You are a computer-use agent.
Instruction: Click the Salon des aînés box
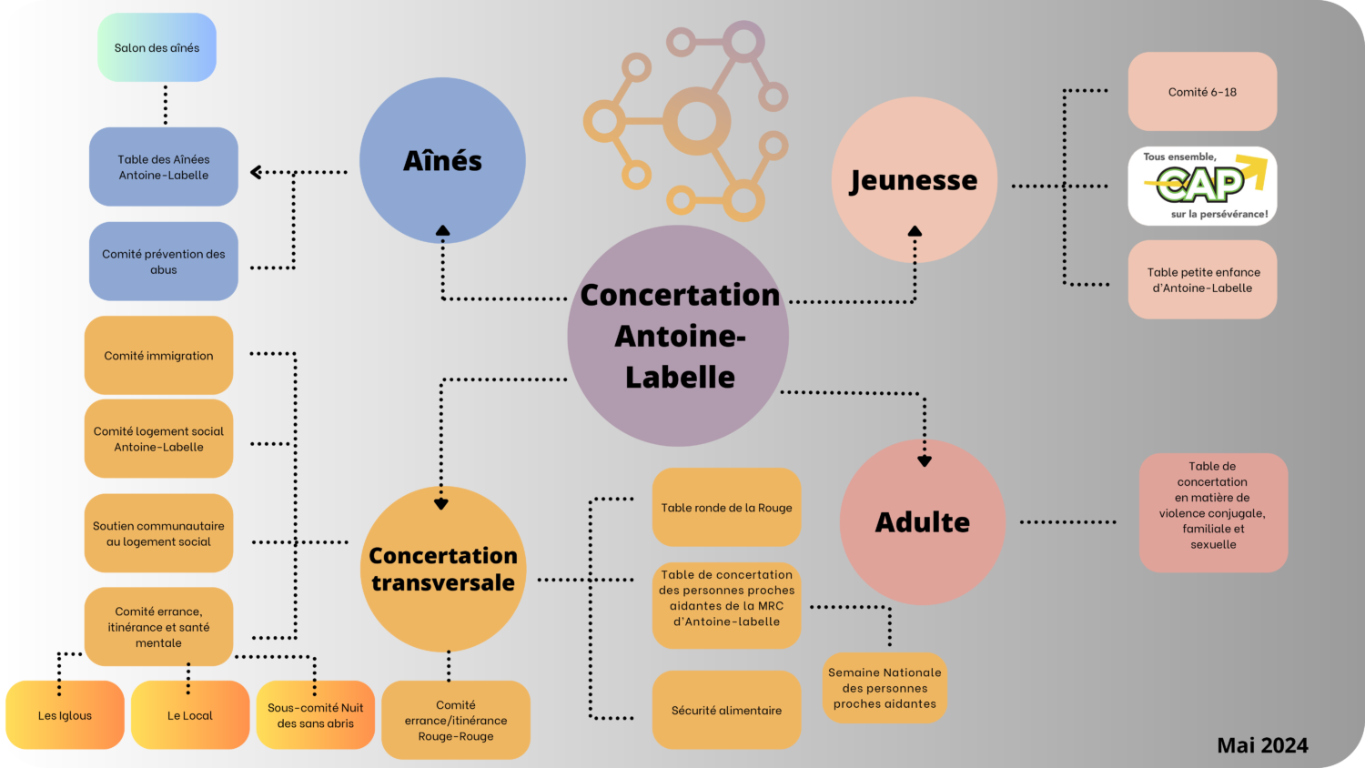tap(157, 47)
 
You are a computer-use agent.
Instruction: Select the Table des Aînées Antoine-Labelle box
tap(164, 167)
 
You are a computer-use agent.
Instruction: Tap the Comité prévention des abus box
tap(164, 261)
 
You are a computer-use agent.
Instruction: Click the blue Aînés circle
tap(442, 160)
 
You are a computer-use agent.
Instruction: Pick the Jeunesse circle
tap(914, 180)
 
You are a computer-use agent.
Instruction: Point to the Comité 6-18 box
tap(1202, 91)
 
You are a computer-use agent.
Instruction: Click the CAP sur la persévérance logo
tap(1202, 186)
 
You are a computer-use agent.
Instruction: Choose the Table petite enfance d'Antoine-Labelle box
tap(1202, 279)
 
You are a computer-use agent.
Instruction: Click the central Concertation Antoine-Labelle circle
tap(679, 336)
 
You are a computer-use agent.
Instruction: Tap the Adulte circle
tap(922, 522)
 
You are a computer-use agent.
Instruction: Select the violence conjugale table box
tap(1213, 512)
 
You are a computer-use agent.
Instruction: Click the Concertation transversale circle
tap(443, 569)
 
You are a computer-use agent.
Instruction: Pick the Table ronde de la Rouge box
tap(726, 507)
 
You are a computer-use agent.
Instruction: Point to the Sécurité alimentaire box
tap(726, 710)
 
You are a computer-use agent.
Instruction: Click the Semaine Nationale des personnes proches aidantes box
tap(885, 688)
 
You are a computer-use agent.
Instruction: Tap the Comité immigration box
tap(158, 355)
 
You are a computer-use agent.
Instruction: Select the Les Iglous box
tap(65, 715)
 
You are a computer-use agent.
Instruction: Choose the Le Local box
tap(190, 715)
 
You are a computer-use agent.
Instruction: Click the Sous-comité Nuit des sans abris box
tap(315, 715)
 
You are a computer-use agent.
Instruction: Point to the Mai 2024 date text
tap(1262, 745)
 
